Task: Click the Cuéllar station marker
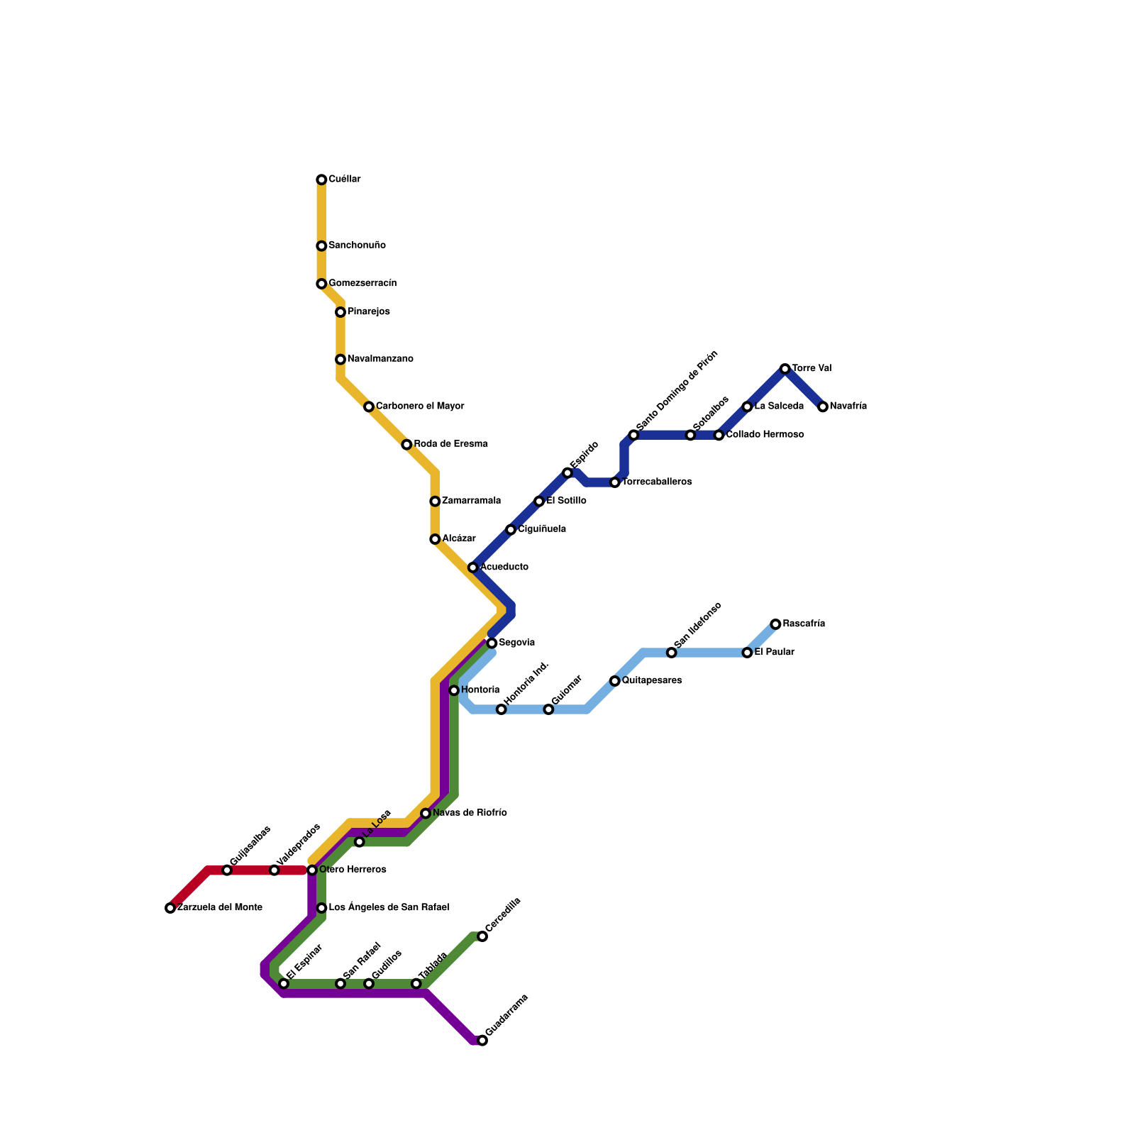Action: (321, 180)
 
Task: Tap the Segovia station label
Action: (516, 643)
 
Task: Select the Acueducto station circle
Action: (473, 567)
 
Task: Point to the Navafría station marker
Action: (823, 407)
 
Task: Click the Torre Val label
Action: (812, 369)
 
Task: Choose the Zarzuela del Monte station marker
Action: (170, 908)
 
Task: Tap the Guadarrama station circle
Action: (482, 1041)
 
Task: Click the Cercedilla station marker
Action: (482, 937)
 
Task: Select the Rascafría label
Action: (804, 624)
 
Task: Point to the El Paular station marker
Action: (747, 653)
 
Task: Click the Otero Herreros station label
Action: (353, 870)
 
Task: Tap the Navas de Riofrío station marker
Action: (426, 814)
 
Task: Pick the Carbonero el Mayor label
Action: (420, 406)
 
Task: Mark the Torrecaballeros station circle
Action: (615, 483)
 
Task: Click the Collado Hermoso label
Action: (765, 435)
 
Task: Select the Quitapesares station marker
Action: (615, 681)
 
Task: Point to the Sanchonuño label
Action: (357, 245)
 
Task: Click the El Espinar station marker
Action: (284, 984)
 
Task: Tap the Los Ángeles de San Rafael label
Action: (389, 908)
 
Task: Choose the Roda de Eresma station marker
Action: (406, 445)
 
